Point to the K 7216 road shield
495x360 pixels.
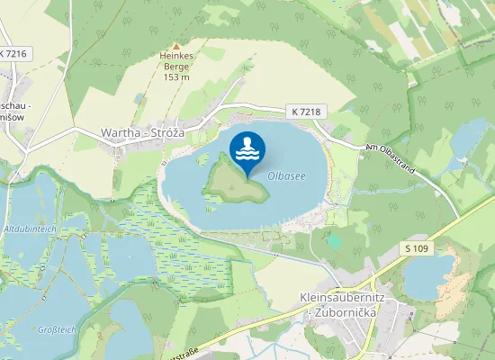click(14, 54)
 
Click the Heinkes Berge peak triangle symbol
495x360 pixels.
click(176, 45)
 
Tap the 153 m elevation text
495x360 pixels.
click(176, 76)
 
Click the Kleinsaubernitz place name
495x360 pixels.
click(337, 296)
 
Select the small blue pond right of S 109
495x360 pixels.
click(428, 274)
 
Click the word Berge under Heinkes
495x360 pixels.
click(176, 67)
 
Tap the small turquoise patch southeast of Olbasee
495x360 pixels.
click(335, 240)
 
